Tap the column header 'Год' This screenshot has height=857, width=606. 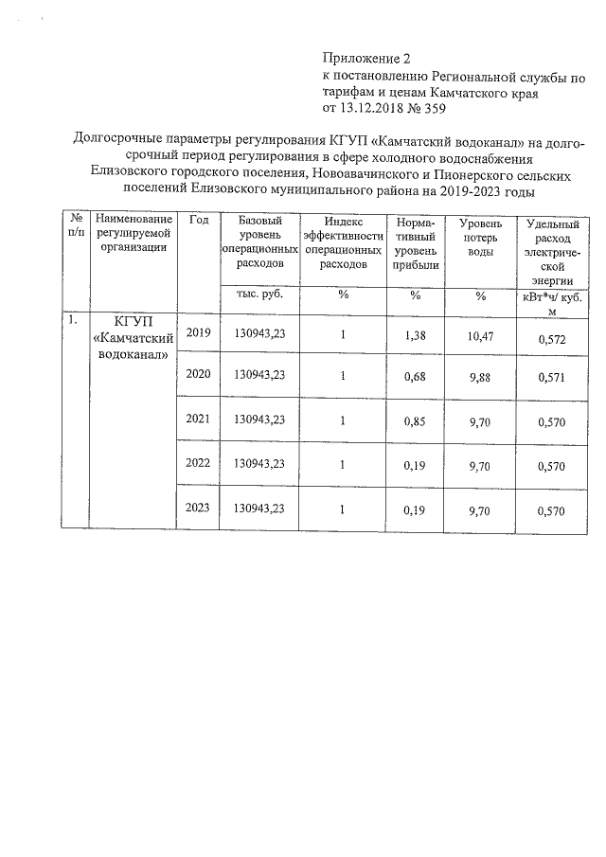199,221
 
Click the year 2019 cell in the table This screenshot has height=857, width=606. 199,333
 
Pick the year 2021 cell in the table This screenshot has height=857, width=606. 199,419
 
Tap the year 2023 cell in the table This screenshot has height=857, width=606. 199,509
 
